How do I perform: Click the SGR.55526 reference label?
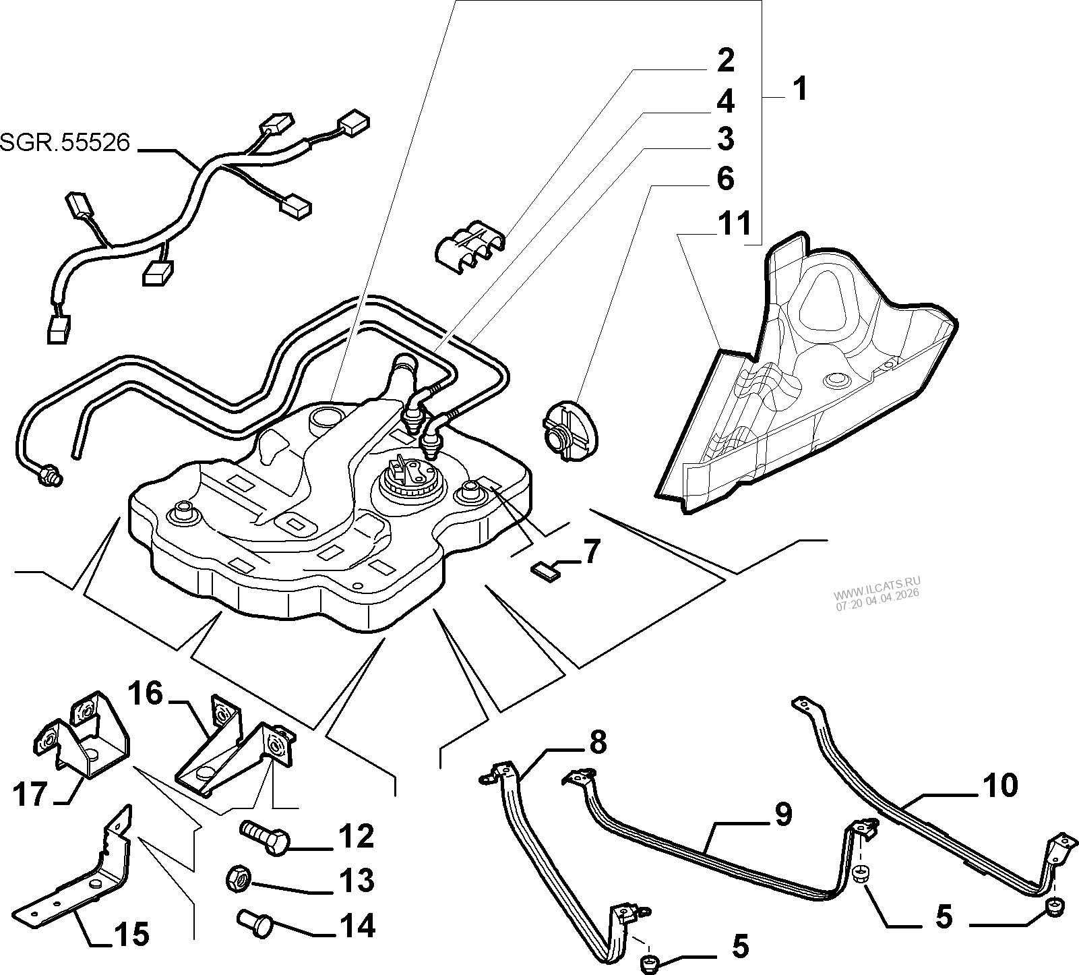click(x=65, y=142)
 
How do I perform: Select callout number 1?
click(x=799, y=88)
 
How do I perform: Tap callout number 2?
click(x=725, y=61)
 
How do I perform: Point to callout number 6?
click(x=725, y=179)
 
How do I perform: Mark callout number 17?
click(x=32, y=794)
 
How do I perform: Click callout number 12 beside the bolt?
click(x=356, y=836)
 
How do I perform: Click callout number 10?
click(x=999, y=786)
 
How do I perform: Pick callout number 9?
click(x=781, y=814)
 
